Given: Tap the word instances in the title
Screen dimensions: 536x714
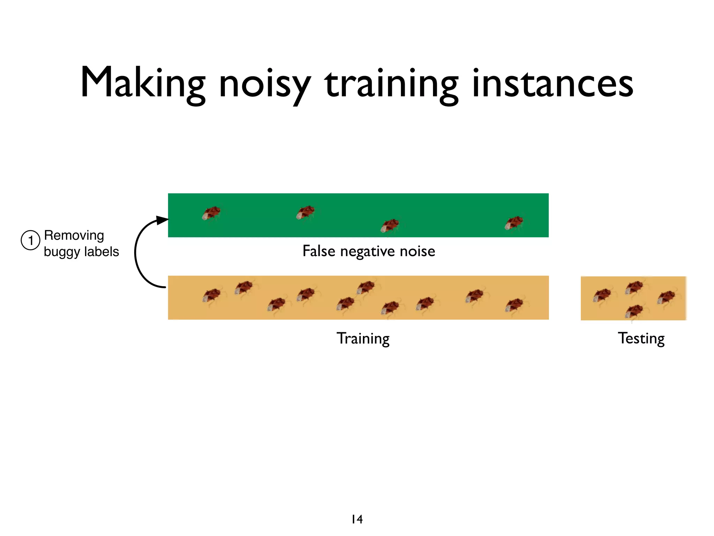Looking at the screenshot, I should point(552,83).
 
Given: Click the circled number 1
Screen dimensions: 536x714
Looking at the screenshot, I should point(30,240).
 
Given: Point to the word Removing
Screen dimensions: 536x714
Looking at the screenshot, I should point(74,235).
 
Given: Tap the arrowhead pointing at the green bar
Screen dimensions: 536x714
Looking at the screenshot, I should point(162,220).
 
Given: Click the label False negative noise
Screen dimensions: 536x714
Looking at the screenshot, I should point(369,251).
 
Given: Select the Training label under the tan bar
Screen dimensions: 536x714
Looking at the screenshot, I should point(363,338).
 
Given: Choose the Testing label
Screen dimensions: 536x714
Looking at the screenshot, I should point(641,338).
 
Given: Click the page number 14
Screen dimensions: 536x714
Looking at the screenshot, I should point(357,519).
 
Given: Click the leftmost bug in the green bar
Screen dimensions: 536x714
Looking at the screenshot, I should point(211,213).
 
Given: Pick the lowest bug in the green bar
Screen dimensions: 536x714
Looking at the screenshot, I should point(390,226).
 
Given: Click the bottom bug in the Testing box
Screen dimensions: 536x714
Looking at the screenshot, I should point(634,311).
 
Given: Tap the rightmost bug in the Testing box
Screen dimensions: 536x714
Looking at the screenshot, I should point(666,297).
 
